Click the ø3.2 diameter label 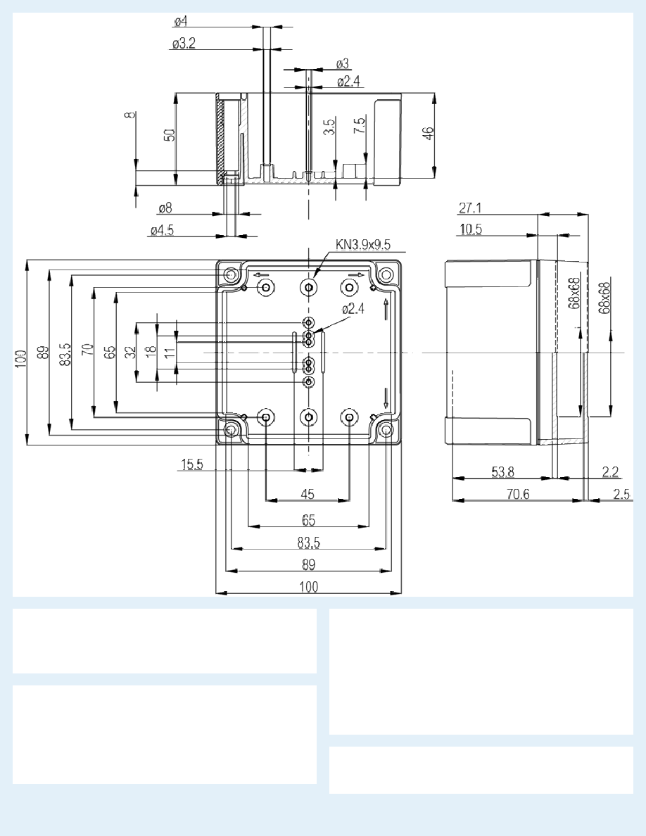coord(184,43)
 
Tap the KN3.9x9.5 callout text coord(363,245)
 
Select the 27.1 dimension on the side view coord(470,208)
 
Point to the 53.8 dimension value coord(502,472)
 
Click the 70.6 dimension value coord(517,494)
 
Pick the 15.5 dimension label coord(192,464)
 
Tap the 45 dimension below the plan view coord(308,494)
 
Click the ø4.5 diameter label coord(162,230)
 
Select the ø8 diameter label coord(165,208)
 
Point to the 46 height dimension coord(429,133)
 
